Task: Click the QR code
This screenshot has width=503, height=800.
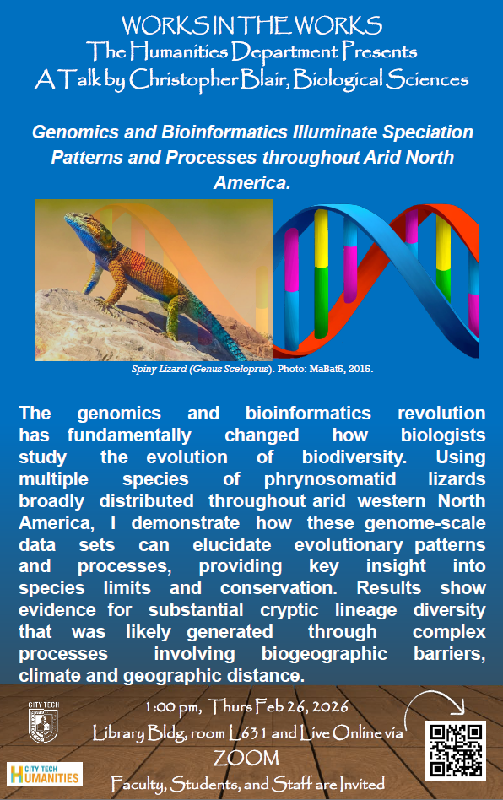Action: [x=455, y=750]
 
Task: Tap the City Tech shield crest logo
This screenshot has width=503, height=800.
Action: [x=43, y=722]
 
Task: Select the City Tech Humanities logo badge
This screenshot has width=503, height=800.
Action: [x=45, y=774]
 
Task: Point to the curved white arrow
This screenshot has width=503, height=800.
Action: [x=434, y=704]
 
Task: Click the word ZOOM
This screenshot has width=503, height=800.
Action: [x=246, y=758]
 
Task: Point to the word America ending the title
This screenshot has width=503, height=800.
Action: [x=251, y=182]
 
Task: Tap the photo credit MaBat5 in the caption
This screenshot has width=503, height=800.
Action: [x=323, y=369]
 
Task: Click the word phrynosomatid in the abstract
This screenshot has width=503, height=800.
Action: [x=330, y=479]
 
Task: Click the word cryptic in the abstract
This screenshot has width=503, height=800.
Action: [x=289, y=610]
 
